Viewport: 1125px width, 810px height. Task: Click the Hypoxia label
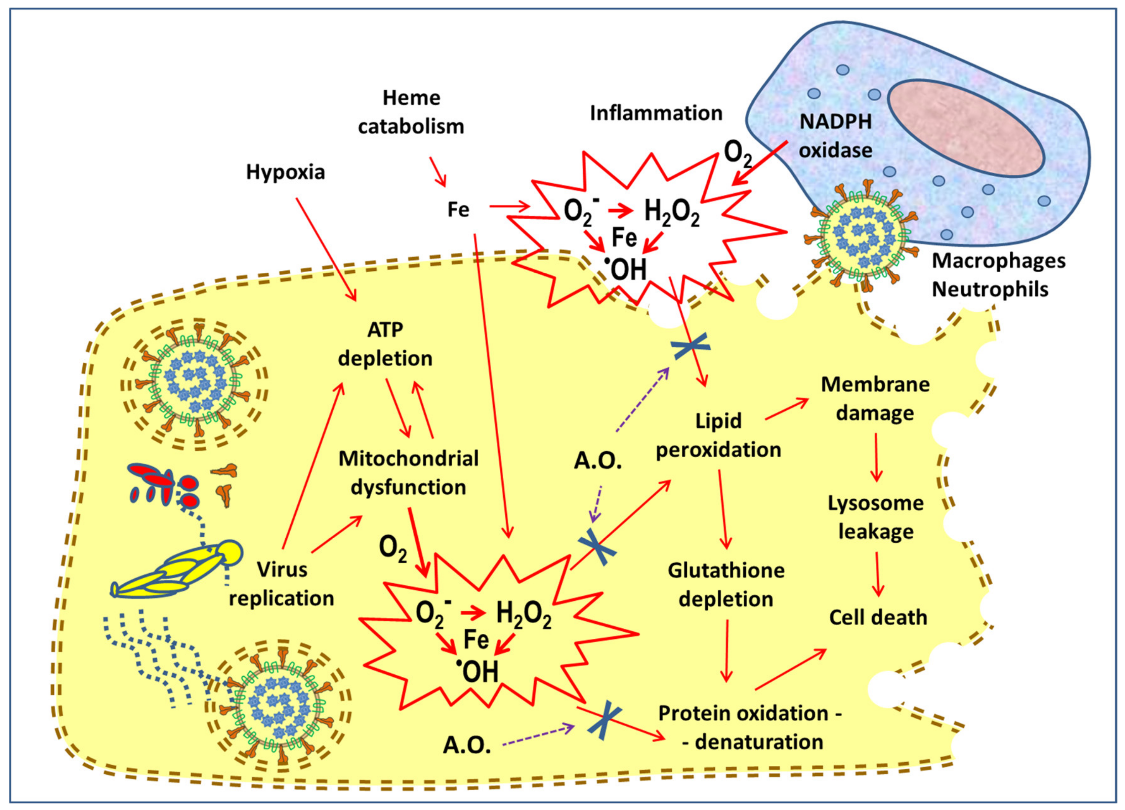285,172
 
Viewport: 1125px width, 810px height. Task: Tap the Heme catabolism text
411,112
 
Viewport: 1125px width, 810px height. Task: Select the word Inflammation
656,113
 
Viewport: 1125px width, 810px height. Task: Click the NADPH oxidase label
835,136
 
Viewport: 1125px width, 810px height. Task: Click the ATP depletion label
385,344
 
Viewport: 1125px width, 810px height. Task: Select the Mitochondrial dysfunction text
408,473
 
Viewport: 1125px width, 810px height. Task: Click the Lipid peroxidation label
718,435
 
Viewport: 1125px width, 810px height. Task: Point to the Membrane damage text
875,399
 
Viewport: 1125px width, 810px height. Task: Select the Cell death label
878,617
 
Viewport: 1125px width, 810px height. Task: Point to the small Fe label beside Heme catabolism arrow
458,210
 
